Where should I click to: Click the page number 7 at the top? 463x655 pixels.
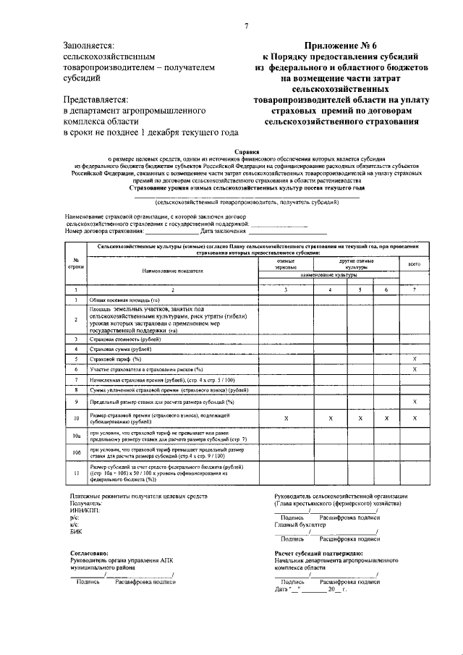[246, 27]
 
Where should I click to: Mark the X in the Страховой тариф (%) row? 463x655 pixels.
[415, 359]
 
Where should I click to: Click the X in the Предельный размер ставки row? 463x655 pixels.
[415, 401]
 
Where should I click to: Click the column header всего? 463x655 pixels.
[415, 264]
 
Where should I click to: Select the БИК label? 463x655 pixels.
[75, 531]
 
